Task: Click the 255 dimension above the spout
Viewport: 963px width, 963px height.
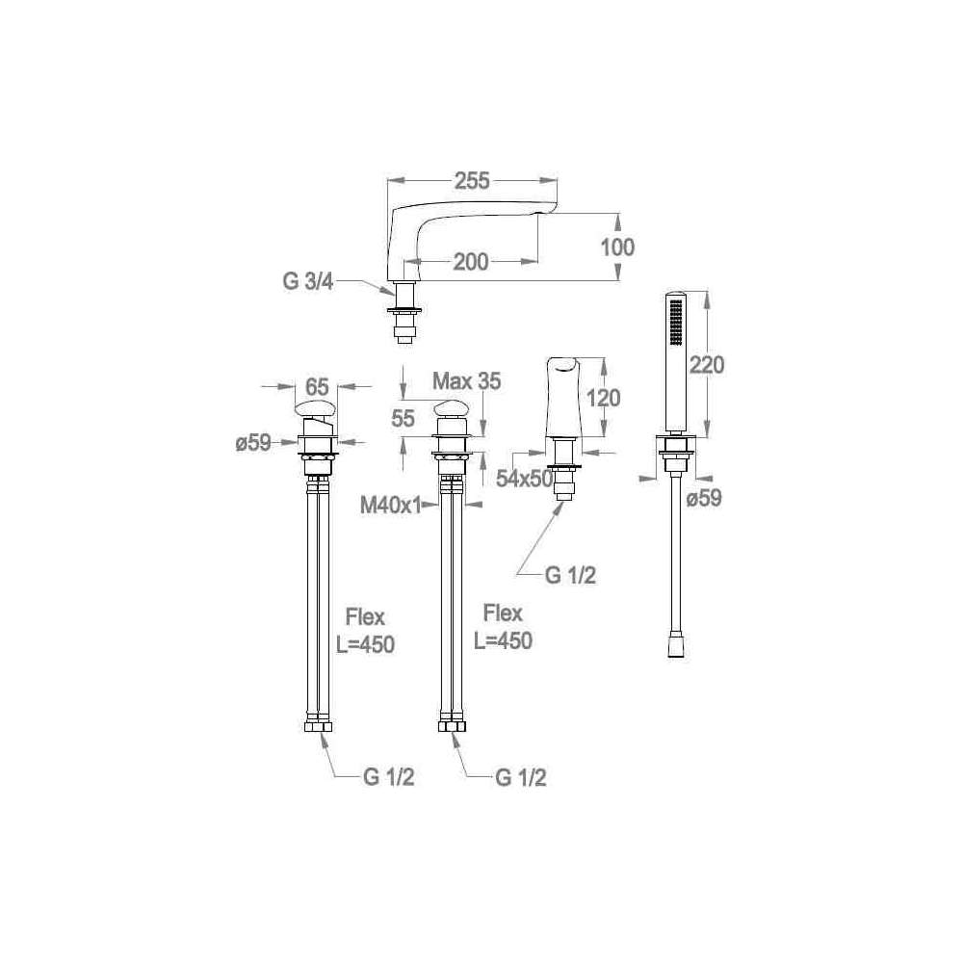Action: click(472, 181)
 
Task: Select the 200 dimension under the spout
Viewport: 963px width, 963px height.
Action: click(471, 262)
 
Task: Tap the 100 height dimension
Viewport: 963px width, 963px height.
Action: click(617, 247)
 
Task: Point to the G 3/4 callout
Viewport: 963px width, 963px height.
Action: click(308, 281)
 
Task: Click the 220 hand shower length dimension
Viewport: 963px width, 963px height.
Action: click(707, 365)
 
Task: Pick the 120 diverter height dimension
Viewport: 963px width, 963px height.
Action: click(604, 399)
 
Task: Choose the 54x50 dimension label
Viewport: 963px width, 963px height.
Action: click(525, 479)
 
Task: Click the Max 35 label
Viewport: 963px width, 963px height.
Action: click(467, 380)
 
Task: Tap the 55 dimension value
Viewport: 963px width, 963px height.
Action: click(403, 419)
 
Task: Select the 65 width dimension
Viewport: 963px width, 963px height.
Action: click(317, 387)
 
